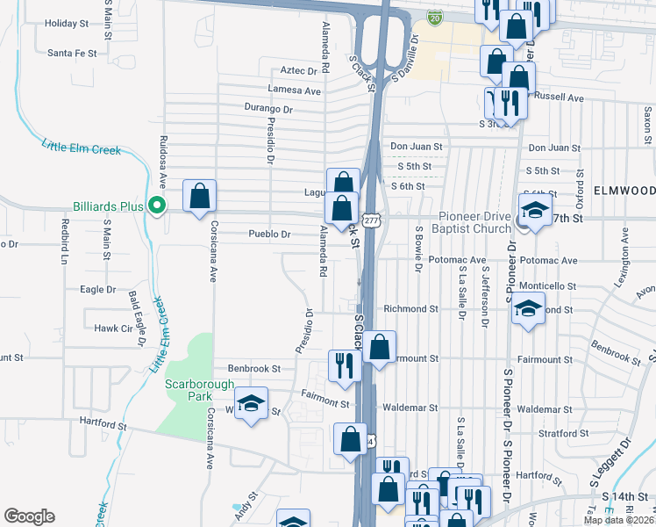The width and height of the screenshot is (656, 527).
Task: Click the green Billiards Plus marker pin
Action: tap(157, 206)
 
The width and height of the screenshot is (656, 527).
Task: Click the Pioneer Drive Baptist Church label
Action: tap(474, 222)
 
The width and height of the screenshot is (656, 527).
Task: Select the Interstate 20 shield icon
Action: tap(435, 17)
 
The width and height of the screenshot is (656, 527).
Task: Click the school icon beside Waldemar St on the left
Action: tap(251, 403)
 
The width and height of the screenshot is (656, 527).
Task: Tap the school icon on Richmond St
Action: tap(527, 309)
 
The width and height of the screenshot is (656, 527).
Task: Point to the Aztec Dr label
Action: tap(298, 69)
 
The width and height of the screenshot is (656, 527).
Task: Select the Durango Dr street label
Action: tap(268, 108)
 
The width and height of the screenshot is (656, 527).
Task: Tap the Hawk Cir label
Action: tap(111, 328)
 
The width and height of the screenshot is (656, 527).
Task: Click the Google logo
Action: tap(29, 516)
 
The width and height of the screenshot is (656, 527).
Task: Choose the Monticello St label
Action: tap(547, 286)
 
